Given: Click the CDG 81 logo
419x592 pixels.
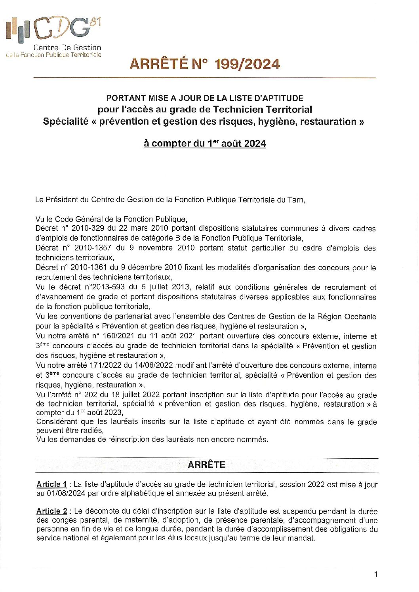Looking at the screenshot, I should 53,30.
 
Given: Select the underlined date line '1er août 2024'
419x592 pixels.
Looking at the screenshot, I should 205,143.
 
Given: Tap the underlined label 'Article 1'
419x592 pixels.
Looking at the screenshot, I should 51,484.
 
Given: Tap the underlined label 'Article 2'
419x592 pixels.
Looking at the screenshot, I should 52,511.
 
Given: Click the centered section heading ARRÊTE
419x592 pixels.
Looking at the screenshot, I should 206,465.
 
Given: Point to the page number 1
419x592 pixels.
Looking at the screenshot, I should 375,574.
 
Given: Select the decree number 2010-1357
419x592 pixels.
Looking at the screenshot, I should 93,248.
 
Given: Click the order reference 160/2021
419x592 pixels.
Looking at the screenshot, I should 119,336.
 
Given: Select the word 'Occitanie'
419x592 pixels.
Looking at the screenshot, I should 360,316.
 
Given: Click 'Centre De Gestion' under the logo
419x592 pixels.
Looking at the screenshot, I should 67,47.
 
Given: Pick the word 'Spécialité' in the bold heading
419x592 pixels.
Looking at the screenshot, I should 65,121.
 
